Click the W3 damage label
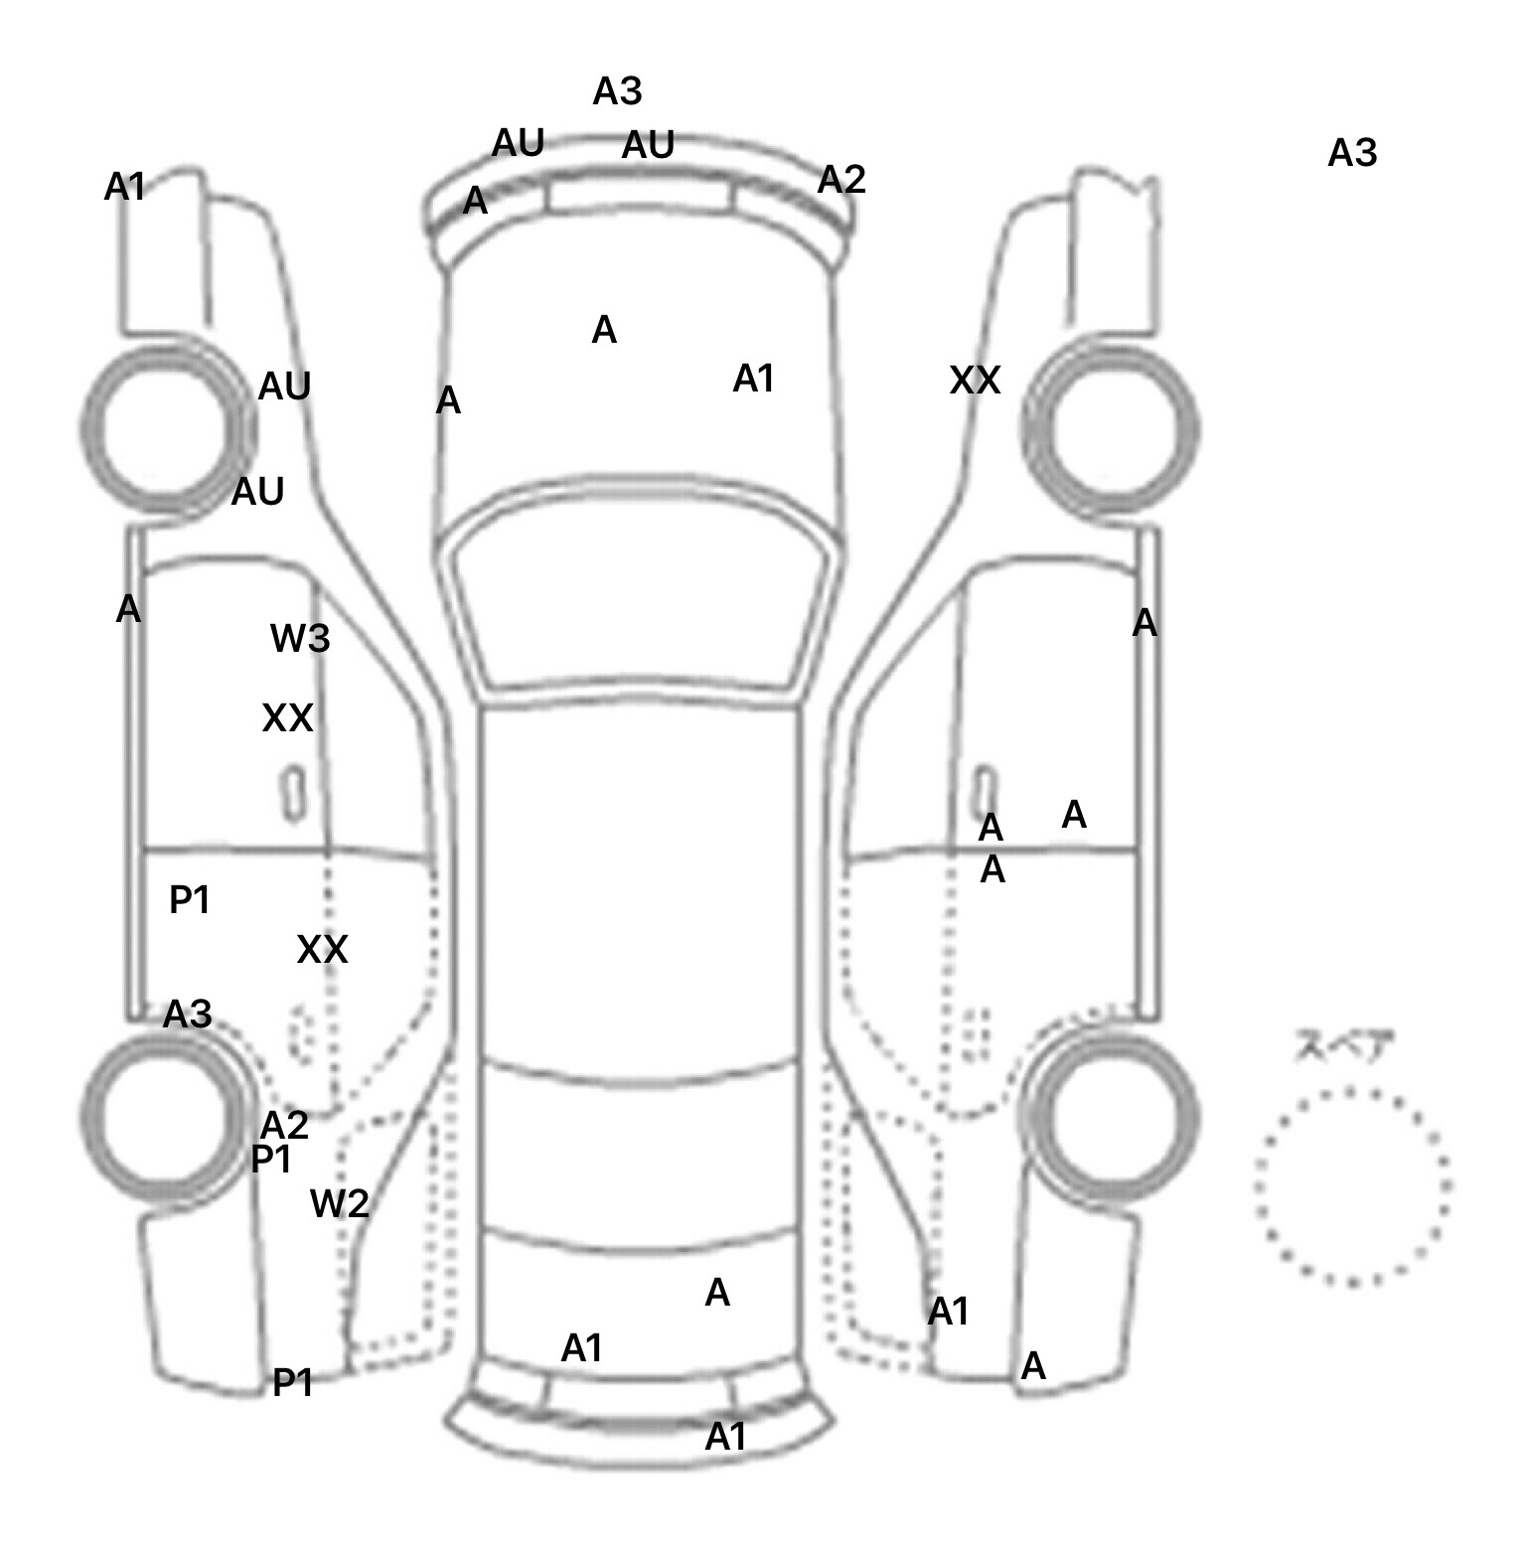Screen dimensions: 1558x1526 (x=300, y=639)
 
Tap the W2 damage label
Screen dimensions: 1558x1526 (x=340, y=1204)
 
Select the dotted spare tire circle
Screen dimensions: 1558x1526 (x=1352, y=1185)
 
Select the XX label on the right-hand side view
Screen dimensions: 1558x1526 (x=975, y=381)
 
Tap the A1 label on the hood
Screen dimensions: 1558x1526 (x=753, y=379)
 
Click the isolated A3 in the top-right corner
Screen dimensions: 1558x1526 (x=1352, y=154)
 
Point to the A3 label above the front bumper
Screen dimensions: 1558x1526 (x=617, y=91)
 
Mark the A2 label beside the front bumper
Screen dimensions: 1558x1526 (x=841, y=180)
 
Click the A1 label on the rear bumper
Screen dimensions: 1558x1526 (x=725, y=1437)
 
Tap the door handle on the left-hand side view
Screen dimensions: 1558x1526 (x=294, y=793)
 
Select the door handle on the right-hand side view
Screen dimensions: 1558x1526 (x=985, y=790)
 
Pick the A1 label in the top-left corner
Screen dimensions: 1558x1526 (x=125, y=186)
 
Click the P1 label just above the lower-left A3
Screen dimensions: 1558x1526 (x=190, y=900)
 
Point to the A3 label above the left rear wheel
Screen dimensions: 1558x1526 (x=188, y=1014)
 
